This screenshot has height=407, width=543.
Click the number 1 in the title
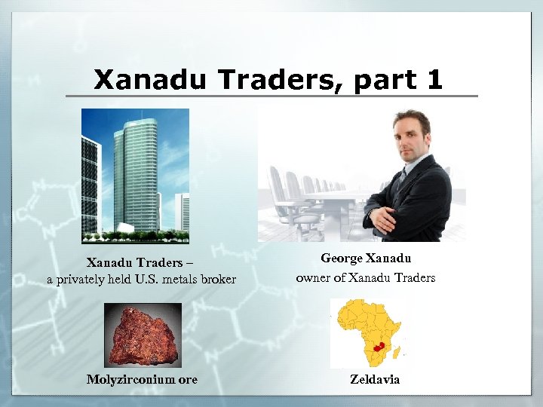click(x=433, y=79)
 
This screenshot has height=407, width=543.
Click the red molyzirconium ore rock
click(x=143, y=335)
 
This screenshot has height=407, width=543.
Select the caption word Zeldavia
click(x=375, y=379)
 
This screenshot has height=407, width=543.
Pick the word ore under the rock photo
click(x=188, y=379)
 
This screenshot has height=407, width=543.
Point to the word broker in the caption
click(x=218, y=280)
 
